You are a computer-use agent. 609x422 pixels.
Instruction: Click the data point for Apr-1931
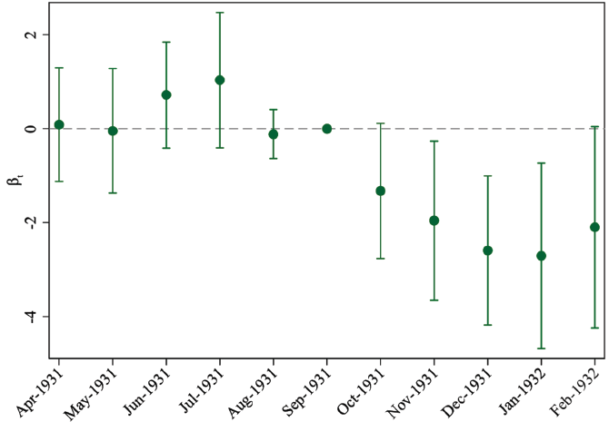[59, 124]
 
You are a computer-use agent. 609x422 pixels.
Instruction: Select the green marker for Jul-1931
[220, 80]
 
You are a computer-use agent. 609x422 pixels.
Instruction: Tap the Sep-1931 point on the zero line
[327, 129]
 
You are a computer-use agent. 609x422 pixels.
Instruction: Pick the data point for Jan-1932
[542, 256]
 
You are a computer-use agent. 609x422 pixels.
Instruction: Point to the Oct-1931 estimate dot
[381, 191]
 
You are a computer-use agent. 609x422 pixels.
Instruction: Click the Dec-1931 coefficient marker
[488, 250]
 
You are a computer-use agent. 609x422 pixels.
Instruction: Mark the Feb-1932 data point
[595, 227]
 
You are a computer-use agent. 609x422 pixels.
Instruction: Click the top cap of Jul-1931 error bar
[220, 13]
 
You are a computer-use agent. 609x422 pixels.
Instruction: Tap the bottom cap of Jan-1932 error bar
[542, 348]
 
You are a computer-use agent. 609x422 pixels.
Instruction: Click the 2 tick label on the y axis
[31, 34]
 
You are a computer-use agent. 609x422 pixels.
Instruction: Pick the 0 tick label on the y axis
[31, 129]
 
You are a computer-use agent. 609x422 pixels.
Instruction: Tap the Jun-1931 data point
[166, 94]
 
